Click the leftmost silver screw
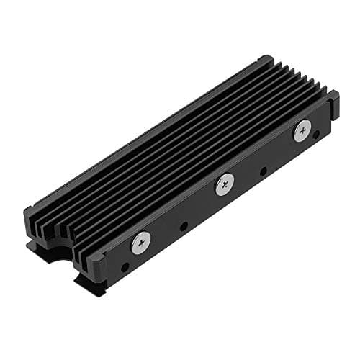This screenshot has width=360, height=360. (x=141, y=243)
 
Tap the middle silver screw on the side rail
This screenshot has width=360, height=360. (x=225, y=185)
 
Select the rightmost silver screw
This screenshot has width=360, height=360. (x=302, y=130)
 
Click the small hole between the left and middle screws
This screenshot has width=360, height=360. (x=184, y=226)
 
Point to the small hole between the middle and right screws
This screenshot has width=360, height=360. (x=264, y=171)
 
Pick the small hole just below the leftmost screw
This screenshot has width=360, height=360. (x=126, y=267)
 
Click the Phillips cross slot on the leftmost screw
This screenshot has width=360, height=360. (x=141, y=243)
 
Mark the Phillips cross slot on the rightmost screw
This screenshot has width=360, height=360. (x=302, y=130)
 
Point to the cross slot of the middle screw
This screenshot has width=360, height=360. (x=225, y=185)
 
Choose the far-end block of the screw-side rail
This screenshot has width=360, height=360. (x=333, y=104)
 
